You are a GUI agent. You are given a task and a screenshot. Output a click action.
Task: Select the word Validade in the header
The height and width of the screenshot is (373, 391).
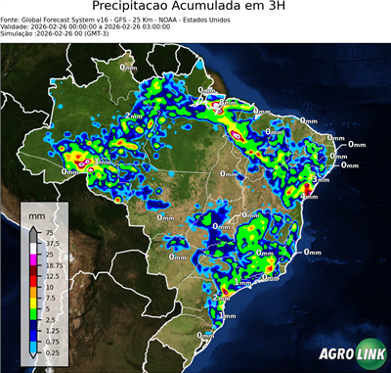pyautogui.click(x=19, y=33)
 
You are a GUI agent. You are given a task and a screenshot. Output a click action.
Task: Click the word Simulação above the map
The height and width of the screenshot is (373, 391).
pyautogui.click(x=20, y=41)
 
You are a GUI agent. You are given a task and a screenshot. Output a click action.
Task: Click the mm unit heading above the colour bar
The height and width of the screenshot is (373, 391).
pyautogui.click(x=36, y=213)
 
